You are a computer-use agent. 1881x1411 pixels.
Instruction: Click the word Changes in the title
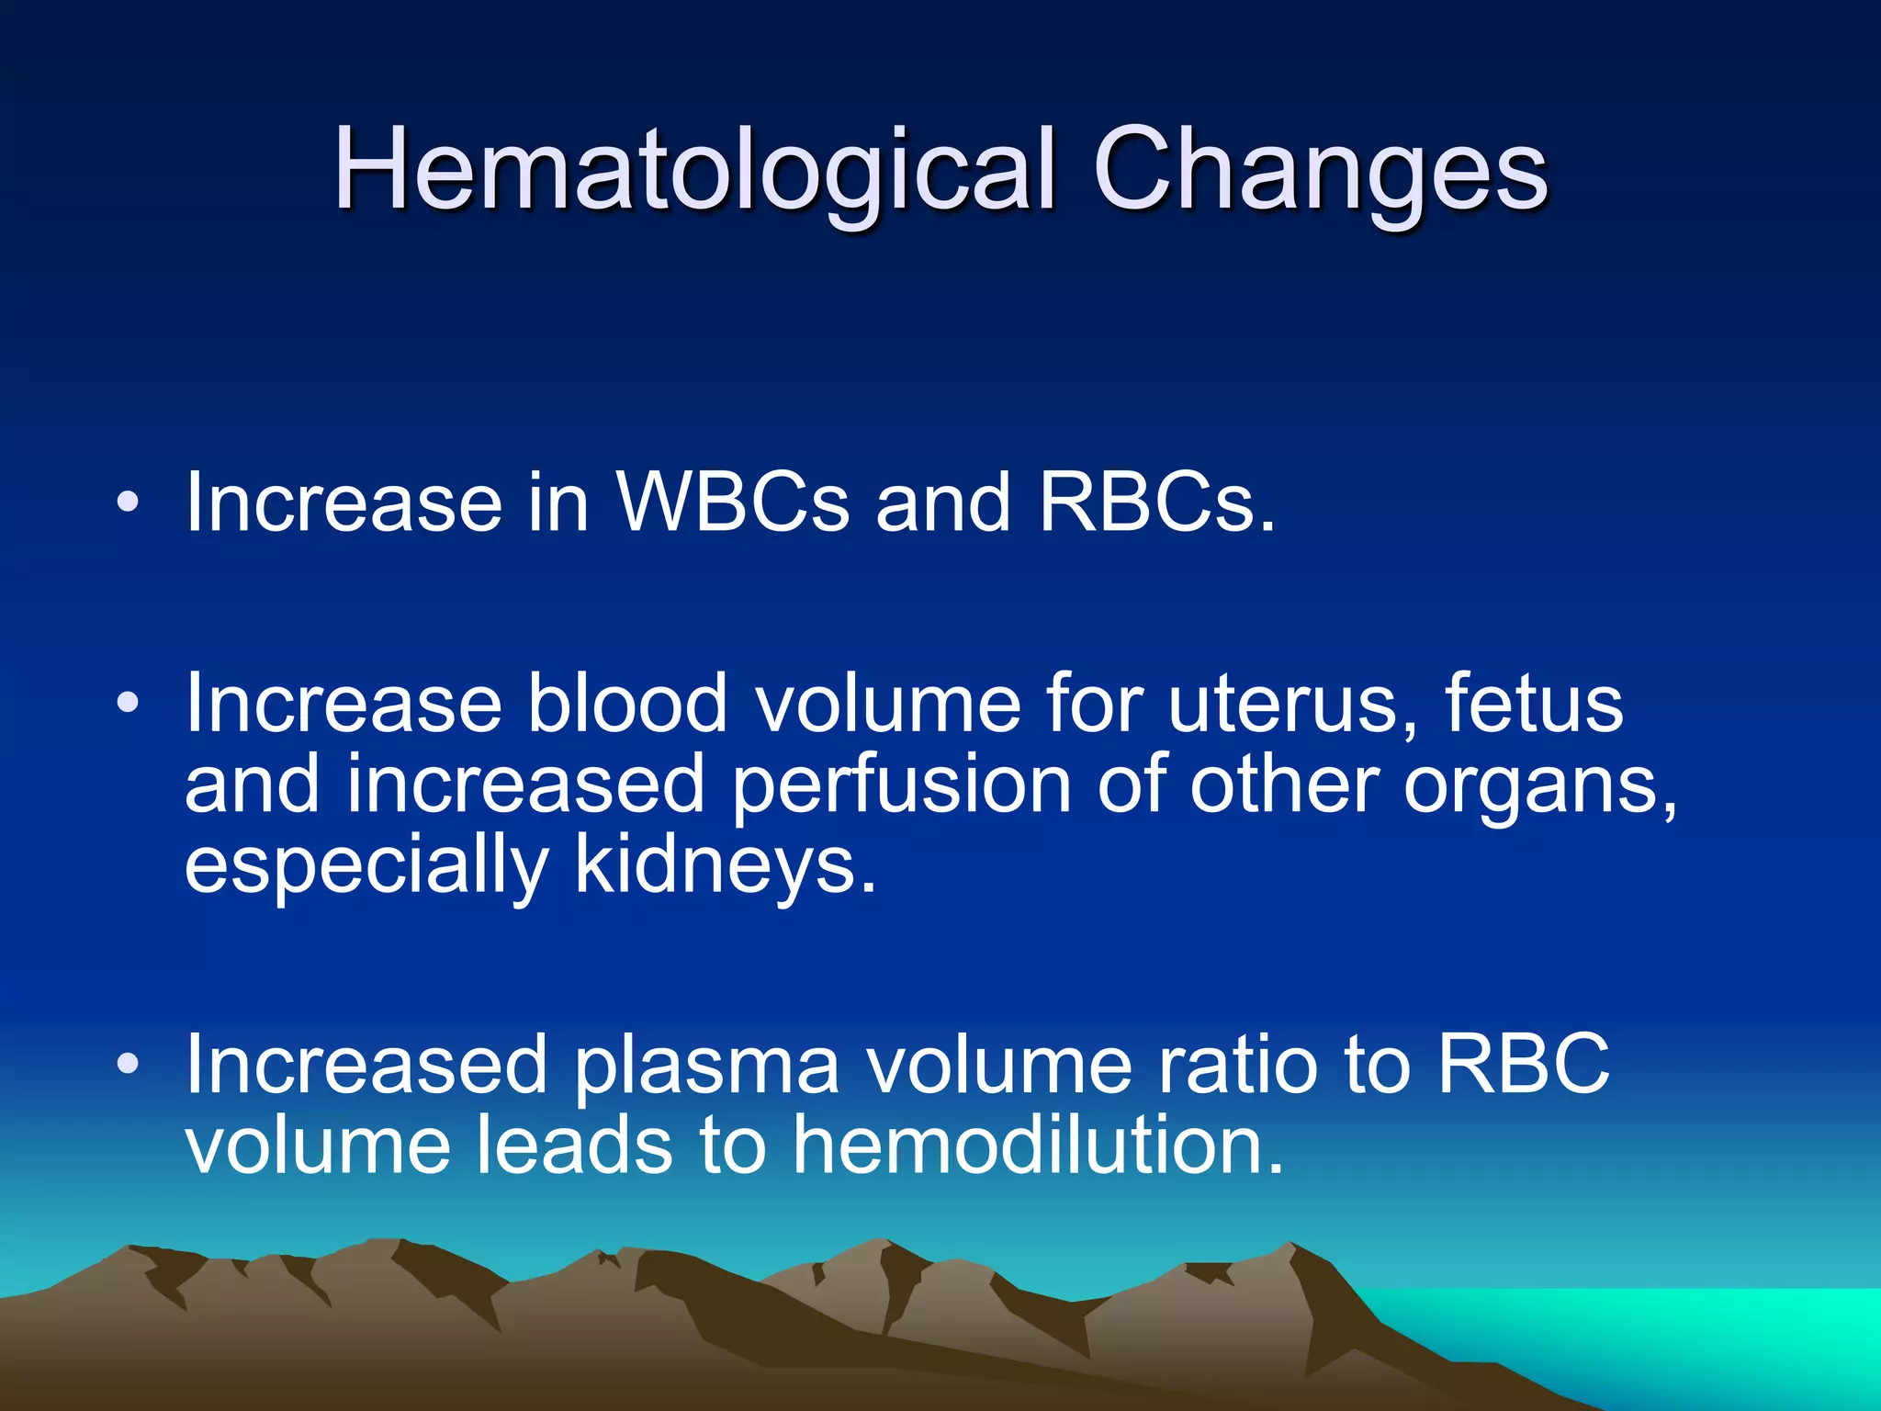click(x=1320, y=170)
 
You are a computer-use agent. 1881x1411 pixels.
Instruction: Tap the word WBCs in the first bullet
click(x=732, y=502)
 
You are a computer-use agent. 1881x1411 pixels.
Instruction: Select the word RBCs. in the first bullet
click(x=1157, y=502)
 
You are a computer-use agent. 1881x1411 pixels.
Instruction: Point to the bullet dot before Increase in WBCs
click(x=128, y=502)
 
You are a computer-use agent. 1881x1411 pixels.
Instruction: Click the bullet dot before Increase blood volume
click(x=128, y=704)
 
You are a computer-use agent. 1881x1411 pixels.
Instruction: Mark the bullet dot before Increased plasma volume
click(x=128, y=1065)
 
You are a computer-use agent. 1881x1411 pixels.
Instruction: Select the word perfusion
click(x=901, y=786)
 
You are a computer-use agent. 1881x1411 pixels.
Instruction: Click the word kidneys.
click(x=726, y=865)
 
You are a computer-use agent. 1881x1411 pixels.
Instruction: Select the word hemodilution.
click(x=1037, y=1145)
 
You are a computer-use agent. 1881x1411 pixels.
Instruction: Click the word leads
click(x=574, y=1145)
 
